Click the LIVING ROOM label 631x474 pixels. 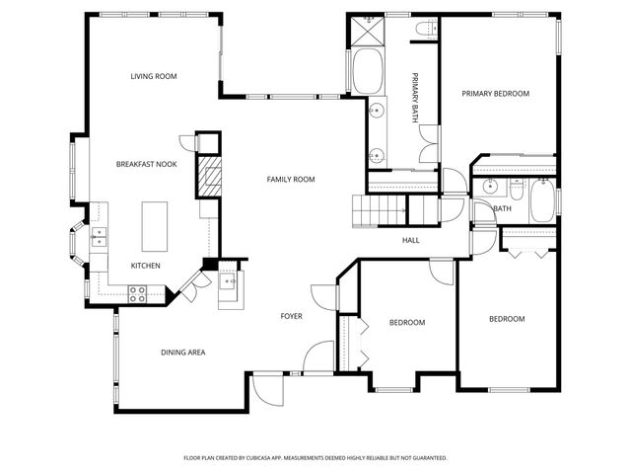[x=153, y=76]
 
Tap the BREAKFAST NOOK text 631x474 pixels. [x=146, y=164]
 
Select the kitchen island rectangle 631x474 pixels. [x=155, y=227]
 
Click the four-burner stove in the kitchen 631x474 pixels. [x=137, y=292]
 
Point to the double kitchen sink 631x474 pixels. [x=100, y=236]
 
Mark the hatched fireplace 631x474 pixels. [x=209, y=178]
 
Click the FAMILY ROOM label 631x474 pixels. [x=290, y=179]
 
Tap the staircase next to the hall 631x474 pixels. [x=380, y=210]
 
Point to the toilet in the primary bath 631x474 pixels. [x=425, y=31]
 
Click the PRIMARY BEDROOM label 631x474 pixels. [x=496, y=94]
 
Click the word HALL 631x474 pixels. [x=410, y=240]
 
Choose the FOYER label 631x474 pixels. [x=291, y=316]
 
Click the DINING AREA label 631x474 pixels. [x=182, y=352]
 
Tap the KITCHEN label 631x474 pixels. [x=146, y=266]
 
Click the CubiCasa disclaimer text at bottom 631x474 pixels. [x=315, y=458]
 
